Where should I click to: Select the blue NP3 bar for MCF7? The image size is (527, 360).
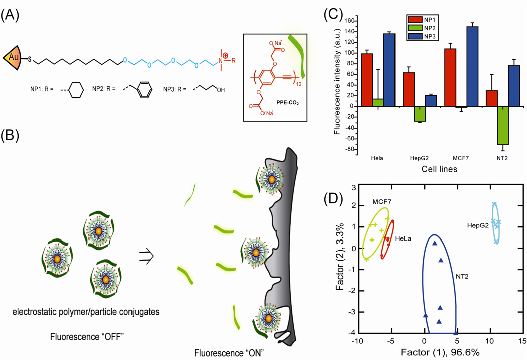(x=472, y=67)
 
